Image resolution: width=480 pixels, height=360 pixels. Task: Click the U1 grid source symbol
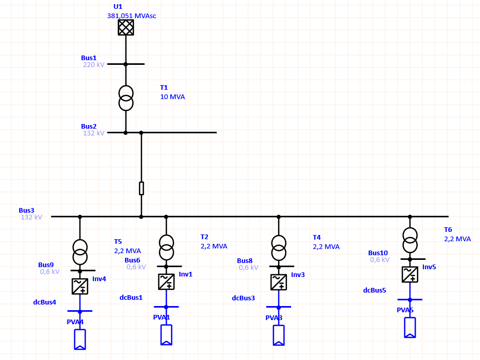(x=126, y=27)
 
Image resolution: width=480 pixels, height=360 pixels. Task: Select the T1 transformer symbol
(x=126, y=98)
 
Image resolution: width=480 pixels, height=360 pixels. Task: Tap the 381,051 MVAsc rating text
(x=132, y=16)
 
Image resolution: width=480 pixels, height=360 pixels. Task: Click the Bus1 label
(x=89, y=58)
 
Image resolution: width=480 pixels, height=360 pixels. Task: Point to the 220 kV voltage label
(x=93, y=65)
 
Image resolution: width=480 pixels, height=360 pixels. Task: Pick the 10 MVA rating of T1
(x=172, y=97)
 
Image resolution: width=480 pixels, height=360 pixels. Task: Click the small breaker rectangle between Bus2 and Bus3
(x=141, y=188)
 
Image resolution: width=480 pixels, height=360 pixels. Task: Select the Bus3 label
(x=26, y=210)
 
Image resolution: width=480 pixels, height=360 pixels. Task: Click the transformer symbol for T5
(x=80, y=252)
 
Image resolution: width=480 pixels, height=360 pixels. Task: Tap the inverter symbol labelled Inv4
(x=80, y=286)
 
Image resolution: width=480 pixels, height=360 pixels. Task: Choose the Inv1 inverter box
(x=166, y=282)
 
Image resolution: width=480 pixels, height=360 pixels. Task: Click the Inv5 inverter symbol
(x=410, y=274)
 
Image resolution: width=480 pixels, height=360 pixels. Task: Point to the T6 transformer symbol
(x=410, y=240)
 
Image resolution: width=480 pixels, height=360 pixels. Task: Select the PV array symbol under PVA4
(x=80, y=339)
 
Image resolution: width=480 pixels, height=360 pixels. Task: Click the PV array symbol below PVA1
(x=166, y=335)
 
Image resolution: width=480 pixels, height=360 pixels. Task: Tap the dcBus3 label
(x=243, y=298)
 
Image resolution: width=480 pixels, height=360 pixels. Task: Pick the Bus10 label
(x=378, y=253)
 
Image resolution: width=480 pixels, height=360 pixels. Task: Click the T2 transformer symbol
(x=166, y=247)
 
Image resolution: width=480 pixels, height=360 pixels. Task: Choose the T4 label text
(x=317, y=238)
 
